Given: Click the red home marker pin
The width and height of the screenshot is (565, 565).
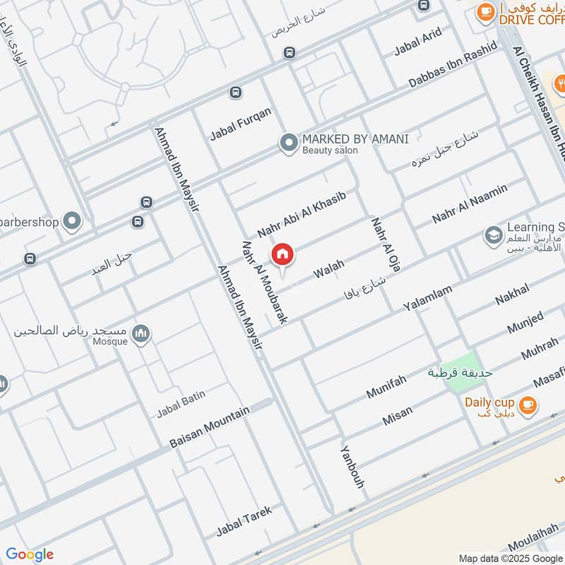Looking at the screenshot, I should tap(282, 254).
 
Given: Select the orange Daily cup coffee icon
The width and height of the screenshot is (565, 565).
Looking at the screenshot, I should tap(527, 405).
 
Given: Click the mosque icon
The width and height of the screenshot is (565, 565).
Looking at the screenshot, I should tap(141, 333).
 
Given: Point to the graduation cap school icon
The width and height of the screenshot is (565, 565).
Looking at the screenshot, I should tap(493, 234).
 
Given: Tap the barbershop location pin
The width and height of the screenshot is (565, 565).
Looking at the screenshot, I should tap(71, 222).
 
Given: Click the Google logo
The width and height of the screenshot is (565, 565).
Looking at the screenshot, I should tap(30, 554).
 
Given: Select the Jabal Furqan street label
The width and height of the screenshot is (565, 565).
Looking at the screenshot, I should tap(241, 124).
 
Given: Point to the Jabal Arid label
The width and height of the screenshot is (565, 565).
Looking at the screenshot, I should tap(417, 42).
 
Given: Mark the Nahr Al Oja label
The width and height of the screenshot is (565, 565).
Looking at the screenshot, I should tap(381, 244).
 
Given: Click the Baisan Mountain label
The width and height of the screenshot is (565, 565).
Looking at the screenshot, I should tap(210, 428).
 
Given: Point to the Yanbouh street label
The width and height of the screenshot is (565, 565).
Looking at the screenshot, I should tap(352, 468).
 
